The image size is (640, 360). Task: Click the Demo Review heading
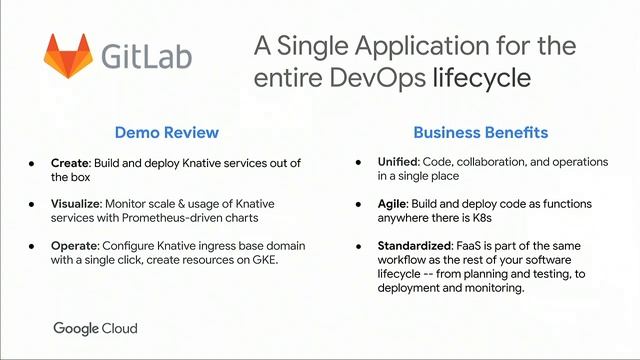(x=167, y=132)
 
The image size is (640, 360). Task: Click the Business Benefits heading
(x=481, y=132)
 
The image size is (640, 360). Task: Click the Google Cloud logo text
(x=95, y=328)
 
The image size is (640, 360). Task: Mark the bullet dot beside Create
(x=32, y=162)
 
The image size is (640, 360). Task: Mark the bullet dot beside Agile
(x=360, y=203)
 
